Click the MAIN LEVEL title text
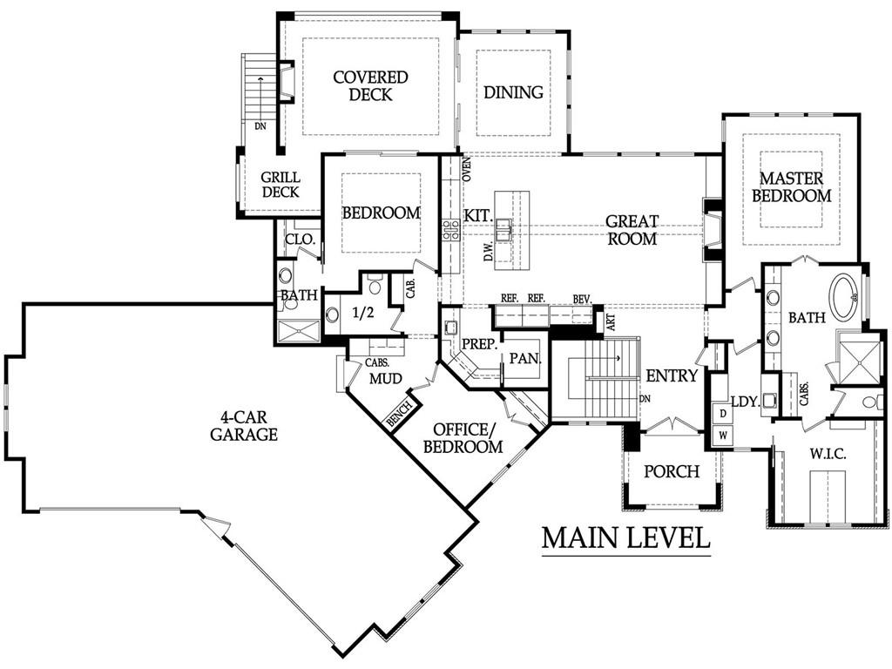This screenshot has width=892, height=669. [625, 537]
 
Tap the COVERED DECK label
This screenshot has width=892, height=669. [370, 85]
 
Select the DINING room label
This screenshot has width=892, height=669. [513, 92]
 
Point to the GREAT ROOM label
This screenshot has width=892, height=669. [632, 230]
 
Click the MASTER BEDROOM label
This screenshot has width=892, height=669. [791, 187]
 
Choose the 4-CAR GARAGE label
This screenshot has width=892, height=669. [244, 427]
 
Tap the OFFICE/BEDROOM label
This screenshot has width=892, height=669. [463, 438]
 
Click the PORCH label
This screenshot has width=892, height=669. [672, 471]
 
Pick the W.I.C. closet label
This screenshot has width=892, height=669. [828, 455]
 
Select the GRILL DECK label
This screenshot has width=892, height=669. [280, 185]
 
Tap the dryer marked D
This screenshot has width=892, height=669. [723, 414]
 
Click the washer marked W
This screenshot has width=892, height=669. [723, 436]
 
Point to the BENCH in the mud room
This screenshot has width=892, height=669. [399, 416]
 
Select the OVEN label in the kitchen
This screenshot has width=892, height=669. [467, 170]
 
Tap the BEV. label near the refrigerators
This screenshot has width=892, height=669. [583, 299]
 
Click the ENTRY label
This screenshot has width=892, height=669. [672, 375]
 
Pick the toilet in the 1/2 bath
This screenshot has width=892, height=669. [375, 284]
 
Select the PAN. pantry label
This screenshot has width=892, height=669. [524, 358]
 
